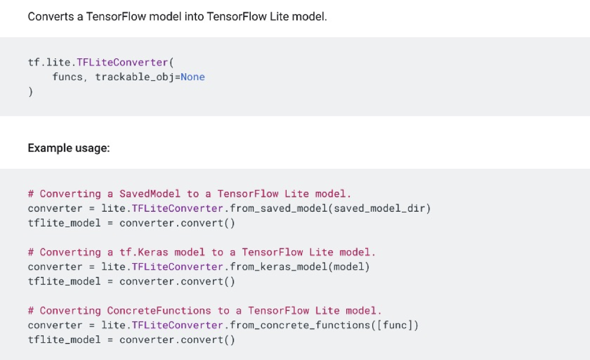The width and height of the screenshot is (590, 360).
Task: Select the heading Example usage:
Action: click(x=68, y=148)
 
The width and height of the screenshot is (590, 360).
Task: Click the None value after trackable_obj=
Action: click(x=192, y=77)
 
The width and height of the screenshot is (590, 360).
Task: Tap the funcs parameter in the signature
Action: click(x=67, y=77)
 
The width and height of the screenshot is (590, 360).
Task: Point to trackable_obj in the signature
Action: click(x=135, y=77)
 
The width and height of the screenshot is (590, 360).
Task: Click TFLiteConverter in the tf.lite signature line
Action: click(x=123, y=62)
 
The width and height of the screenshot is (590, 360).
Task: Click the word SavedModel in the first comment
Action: click(x=150, y=194)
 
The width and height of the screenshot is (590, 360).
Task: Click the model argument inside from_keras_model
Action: click(x=349, y=267)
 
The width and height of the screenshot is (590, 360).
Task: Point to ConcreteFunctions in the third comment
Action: click(x=159, y=310)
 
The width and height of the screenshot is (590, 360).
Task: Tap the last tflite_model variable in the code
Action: click(x=64, y=339)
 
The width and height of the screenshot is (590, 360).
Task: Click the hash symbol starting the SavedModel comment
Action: click(x=31, y=194)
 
